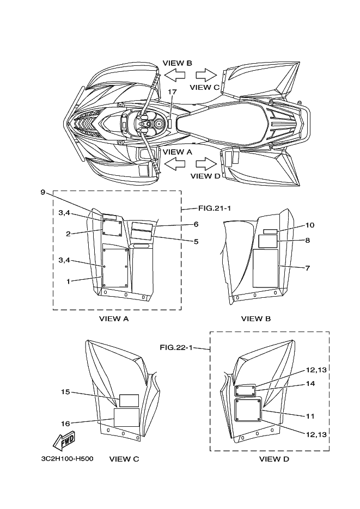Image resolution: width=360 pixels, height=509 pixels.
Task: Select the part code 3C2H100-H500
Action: [67, 458]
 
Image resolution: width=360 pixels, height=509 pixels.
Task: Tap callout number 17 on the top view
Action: [172, 91]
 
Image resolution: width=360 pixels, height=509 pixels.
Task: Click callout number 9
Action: [42, 192]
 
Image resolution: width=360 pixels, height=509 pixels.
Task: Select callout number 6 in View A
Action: [196, 224]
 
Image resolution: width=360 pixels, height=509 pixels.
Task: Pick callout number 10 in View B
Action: [310, 225]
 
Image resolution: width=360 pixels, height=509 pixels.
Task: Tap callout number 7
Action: [307, 268]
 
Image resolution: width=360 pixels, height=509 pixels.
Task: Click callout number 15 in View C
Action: [65, 391]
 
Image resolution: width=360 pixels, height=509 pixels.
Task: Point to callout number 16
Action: [65, 423]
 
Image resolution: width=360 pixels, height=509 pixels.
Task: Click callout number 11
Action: [310, 416]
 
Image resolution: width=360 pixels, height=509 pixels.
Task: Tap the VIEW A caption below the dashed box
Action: [113, 319]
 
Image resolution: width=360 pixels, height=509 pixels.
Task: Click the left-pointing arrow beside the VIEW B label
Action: [175, 75]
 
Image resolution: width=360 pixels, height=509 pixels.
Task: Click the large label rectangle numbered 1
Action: [115, 267]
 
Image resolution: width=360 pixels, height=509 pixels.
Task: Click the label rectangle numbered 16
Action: [126, 418]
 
